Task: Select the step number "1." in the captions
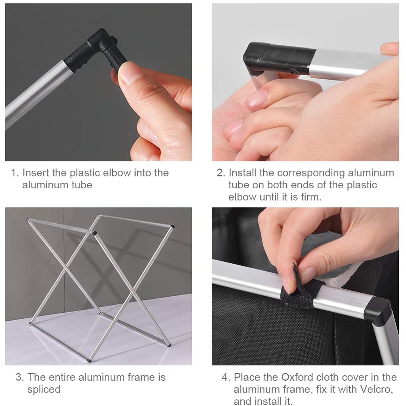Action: (x=15, y=173)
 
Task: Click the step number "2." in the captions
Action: (x=221, y=173)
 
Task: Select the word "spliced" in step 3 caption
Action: (x=44, y=390)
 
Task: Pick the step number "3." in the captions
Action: (x=20, y=377)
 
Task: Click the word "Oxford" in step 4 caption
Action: (x=297, y=377)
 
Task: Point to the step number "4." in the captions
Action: (x=226, y=377)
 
